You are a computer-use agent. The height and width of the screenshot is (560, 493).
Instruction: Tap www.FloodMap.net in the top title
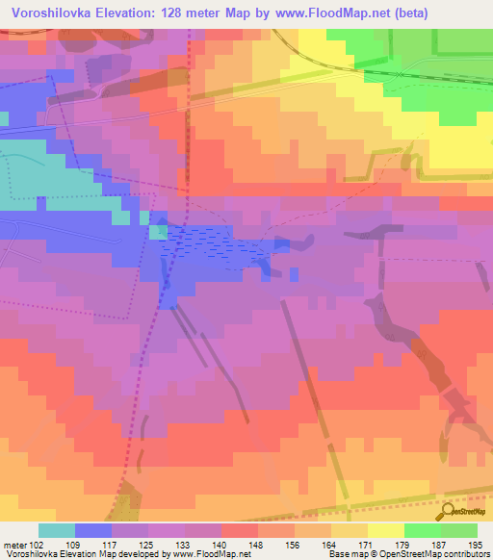pos(329,13)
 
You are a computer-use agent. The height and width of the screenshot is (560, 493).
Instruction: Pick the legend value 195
pos(476,545)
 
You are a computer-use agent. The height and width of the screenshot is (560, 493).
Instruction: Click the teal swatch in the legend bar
pos(57,530)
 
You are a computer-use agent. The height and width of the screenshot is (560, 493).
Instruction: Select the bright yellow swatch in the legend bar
pos(385,530)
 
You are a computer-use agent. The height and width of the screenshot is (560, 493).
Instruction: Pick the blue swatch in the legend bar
pos(93,530)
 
